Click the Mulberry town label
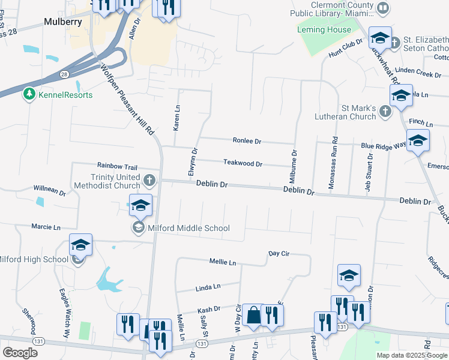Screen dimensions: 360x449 click(62, 22)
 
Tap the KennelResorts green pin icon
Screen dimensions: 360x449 click(28, 94)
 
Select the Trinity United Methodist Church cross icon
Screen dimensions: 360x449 click(150, 179)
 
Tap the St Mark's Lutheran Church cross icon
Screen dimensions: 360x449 click(385, 110)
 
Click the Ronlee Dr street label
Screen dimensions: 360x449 click(247, 141)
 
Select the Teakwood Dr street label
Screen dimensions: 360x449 click(243, 163)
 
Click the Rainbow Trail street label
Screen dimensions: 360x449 click(117, 166)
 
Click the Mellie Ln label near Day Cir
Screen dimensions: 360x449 click(223, 262)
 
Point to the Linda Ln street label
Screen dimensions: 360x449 click(208, 288)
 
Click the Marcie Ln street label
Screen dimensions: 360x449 click(47, 227)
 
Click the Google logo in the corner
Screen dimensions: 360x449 click(20, 353)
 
